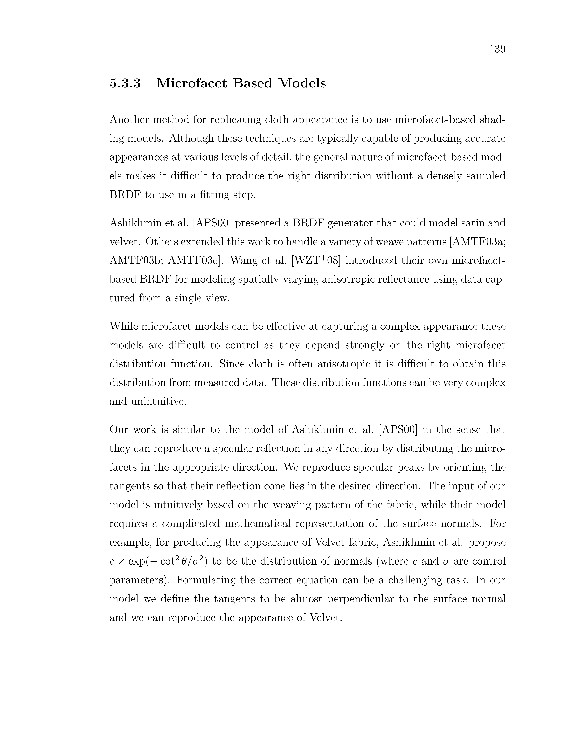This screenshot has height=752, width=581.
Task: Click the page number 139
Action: pos(497,49)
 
